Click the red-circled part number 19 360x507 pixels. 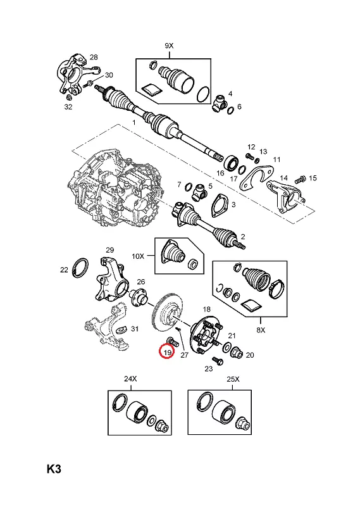[x=167, y=353]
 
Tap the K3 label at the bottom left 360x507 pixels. [x=54, y=469]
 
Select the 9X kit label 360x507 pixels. [x=169, y=46]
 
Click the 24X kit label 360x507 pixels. [x=130, y=379]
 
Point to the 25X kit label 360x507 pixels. [x=233, y=379]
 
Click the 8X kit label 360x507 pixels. [x=261, y=330]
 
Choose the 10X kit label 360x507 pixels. [x=138, y=256]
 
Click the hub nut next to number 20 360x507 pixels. [x=237, y=353]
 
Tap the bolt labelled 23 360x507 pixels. [x=218, y=361]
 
